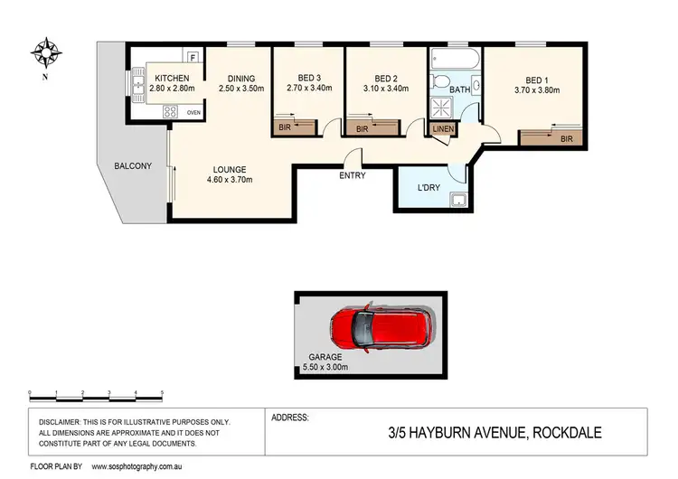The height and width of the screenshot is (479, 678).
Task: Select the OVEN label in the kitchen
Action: click(193, 113)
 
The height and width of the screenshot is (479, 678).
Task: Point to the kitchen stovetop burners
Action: click(168, 112)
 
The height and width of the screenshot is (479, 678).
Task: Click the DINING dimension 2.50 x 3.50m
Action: click(240, 89)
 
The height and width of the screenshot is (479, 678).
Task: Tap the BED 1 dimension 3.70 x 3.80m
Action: click(537, 89)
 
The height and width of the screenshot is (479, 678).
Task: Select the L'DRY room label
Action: click(428, 188)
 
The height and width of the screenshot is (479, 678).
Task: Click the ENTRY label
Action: click(353, 175)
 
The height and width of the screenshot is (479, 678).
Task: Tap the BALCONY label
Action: click(132, 165)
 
